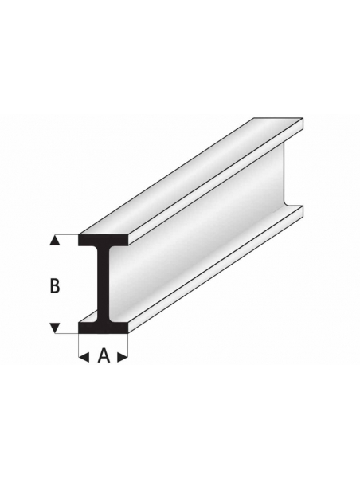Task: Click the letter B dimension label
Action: [55, 286]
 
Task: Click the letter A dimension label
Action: [104, 355]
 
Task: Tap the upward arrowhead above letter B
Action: [55, 241]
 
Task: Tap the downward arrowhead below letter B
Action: [55, 328]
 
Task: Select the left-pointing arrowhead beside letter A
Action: [84, 356]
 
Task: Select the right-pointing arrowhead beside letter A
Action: [123, 356]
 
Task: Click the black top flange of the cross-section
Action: [104, 240]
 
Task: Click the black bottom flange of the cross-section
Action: [104, 328]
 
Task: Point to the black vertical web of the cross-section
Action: [104, 284]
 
